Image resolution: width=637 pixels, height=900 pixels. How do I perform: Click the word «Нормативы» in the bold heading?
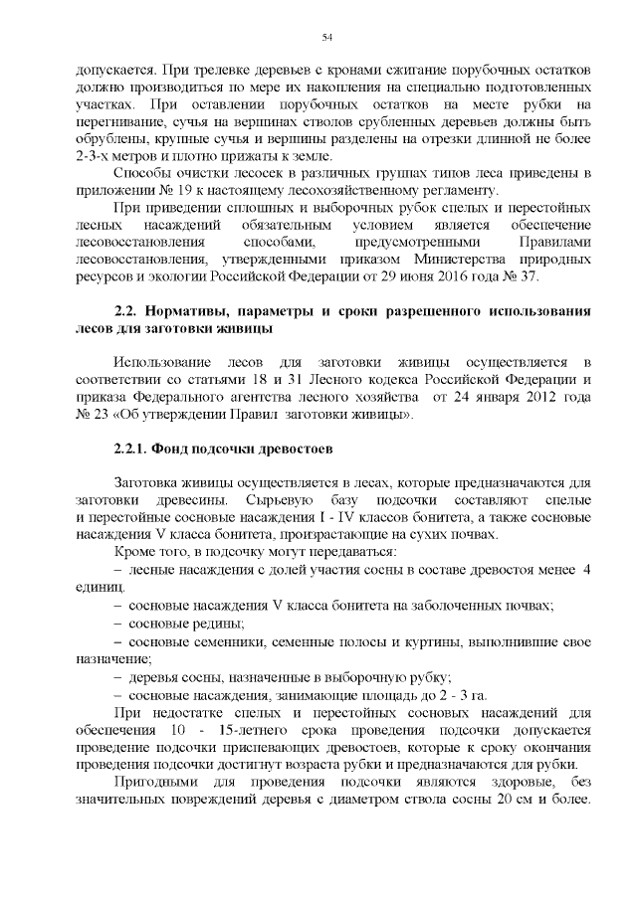(x=196, y=313)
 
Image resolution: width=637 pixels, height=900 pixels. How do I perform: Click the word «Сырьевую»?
(x=280, y=498)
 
